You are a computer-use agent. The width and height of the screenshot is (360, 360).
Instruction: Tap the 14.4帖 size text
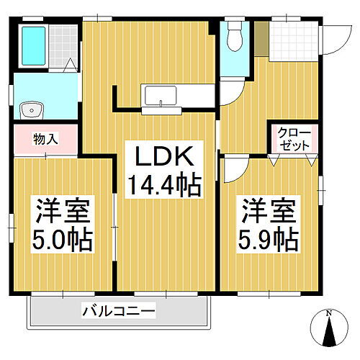(x=164, y=187)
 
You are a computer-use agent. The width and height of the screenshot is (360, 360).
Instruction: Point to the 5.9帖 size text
(x=269, y=238)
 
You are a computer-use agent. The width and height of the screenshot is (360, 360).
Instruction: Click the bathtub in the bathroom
(x=33, y=45)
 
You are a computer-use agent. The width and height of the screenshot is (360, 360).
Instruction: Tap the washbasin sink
(x=30, y=110)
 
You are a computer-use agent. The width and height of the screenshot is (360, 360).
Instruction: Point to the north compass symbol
(x=330, y=332)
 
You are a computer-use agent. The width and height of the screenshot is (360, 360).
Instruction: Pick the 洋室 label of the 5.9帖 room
(x=269, y=213)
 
